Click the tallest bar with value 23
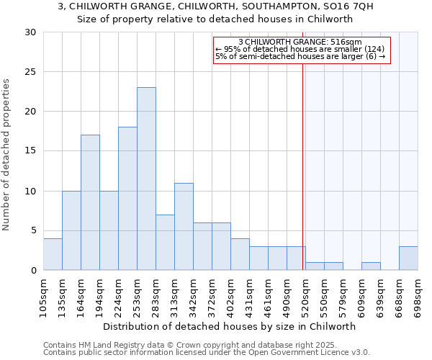(146, 179)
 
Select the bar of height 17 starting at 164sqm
(90, 202)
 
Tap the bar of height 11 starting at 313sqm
(184, 226)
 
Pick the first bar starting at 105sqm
(53, 254)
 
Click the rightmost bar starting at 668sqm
(408, 258)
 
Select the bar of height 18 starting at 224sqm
(127, 199)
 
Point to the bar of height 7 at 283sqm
(165, 242)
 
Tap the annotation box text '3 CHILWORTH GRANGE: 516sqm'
(300, 42)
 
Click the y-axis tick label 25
(30, 72)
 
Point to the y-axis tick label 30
(30, 32)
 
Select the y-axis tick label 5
(33, 230)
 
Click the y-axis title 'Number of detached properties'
(6, 155)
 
